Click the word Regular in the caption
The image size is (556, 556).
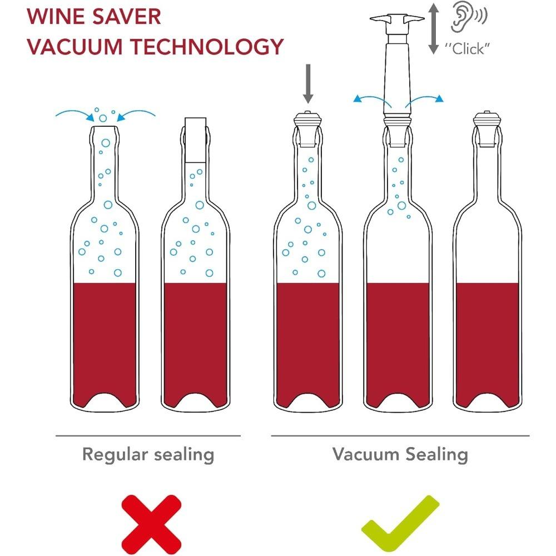tap(113, 454)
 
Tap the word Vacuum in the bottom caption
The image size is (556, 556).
tap(363, 454)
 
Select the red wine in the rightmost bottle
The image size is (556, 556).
tap(488, 345)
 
